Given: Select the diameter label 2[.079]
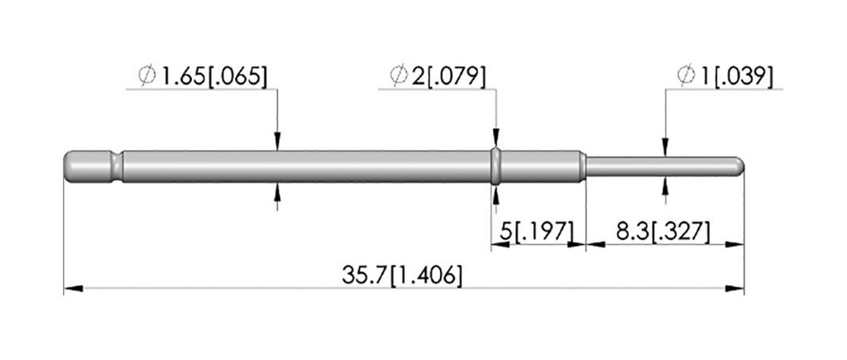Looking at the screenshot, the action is [448, 76].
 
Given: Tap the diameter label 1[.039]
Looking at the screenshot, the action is [735, 76].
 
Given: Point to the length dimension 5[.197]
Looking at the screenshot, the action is [536, 232].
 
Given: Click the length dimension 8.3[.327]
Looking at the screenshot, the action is [663, 232].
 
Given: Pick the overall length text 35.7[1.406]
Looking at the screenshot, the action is [402, 276].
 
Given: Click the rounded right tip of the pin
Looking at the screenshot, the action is [739, 166].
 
